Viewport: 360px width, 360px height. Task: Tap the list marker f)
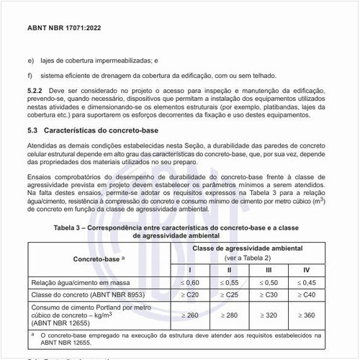(x=30, y=73)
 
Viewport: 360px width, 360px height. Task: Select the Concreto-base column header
(x=96, y=257)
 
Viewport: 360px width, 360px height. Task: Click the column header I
(x=190, y=270)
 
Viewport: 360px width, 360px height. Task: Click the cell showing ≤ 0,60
(x=190, y=282)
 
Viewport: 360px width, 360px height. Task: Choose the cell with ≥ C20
(x=190, y=296)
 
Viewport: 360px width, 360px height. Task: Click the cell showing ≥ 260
(x=190, y=315)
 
